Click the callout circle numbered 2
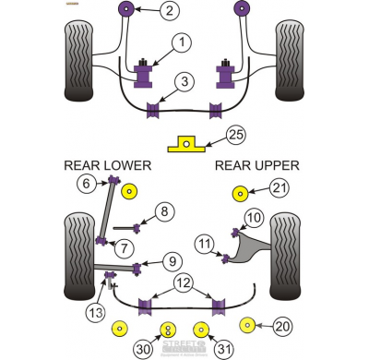(x=169, y=11)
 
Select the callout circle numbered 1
(x=182, y=42)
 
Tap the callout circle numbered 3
(x=185, y=82)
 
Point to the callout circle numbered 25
(x=235, y=136)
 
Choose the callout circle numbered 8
(x=164, y=212)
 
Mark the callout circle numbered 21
(x=278, y=189)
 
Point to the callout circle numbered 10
(x=253, y=218)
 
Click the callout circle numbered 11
(x=203, y=244)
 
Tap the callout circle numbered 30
(x=144, y=349)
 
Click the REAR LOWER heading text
(x=106, y=165)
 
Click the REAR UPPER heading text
(x=256, y=165)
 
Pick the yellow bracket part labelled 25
(x=185, y=144)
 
